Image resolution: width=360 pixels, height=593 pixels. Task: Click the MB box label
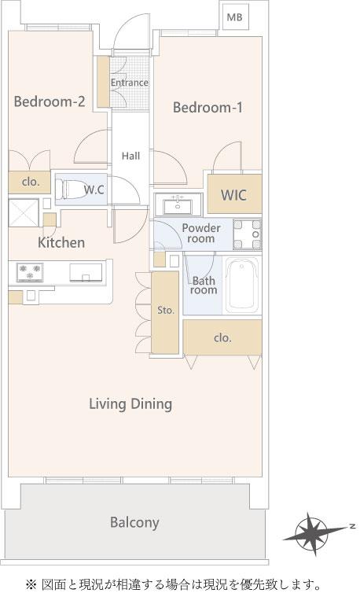(x=234, y=17)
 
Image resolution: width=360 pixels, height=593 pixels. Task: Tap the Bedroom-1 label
(x=208, y=108)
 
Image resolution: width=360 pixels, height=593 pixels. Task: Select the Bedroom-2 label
(x=50, y=101)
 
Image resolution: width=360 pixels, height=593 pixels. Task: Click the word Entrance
(x=130, y=83)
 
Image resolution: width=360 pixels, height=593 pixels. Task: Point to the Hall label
(x=130, y=156)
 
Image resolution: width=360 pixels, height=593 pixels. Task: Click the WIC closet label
(x=233, y=195)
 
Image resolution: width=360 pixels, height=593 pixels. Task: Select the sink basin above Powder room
(x=178, y=207)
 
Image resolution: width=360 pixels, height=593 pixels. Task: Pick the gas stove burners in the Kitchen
(x=30, y=272)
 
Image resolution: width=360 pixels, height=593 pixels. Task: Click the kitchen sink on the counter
(x=86, y=273)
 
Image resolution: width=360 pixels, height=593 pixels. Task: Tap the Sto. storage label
(x=166, y=311)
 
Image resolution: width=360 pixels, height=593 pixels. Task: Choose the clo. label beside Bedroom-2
(x=31, y=182)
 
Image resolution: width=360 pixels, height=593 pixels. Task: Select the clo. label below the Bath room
(x=222, y=337)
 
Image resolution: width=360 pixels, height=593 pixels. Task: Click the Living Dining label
(x=130, y=404)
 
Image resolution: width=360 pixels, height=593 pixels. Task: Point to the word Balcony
(x=134, y=522)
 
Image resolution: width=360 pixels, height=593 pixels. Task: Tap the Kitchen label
(x=61, y=242)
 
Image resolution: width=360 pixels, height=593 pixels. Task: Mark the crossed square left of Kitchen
(x=24, y=213)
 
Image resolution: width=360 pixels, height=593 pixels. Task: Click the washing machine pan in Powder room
(x=248, y=234)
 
